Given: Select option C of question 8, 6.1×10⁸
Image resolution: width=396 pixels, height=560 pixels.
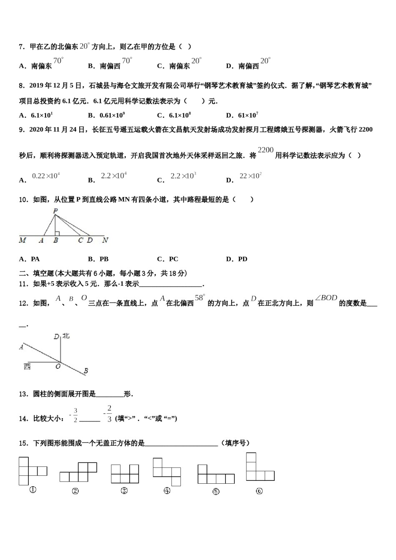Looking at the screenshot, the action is click(174, 115).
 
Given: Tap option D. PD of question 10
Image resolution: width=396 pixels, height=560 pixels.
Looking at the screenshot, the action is click(237, 259).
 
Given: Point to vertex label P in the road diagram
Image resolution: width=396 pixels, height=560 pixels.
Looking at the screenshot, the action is click(55, 211).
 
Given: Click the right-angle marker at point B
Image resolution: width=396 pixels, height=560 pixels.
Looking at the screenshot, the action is click(57, 233).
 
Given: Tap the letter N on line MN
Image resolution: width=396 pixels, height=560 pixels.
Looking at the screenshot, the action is click(105, 240).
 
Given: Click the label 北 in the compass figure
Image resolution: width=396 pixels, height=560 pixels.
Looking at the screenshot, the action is click(66, 336).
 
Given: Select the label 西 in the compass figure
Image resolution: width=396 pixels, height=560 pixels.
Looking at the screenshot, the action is click(27, 367).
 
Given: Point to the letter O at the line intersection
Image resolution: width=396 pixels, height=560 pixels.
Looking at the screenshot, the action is click(58, 366).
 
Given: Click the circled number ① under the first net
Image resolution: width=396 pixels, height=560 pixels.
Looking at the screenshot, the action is click(33, 490).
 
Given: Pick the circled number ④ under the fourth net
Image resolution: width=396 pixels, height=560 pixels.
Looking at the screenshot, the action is click(167, 491).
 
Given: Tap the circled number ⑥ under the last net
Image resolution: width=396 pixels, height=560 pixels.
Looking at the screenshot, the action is click(259, 491).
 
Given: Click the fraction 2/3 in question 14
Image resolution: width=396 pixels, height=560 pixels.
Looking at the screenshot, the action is click(109, 414).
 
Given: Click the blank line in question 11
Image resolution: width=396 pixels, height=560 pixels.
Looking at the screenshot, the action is click(171, 285).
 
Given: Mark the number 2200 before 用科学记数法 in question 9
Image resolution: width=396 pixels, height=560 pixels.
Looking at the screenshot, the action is click(266, 150).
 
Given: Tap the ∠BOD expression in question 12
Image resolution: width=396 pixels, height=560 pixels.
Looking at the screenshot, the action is click(326, 298).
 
